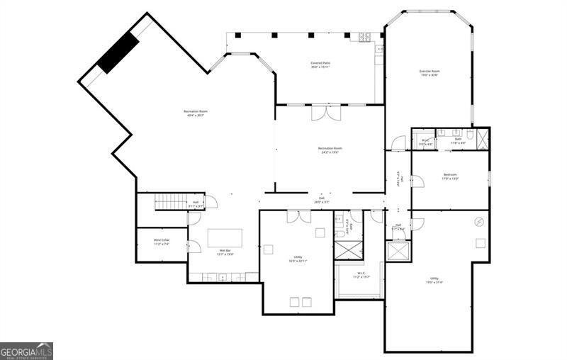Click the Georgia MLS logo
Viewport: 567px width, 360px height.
point(27,351)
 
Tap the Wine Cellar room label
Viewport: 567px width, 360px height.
point(162,242)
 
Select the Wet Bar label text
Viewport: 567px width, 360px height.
point(225,251)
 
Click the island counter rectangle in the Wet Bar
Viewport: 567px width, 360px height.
point(225,237)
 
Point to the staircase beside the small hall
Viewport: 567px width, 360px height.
point(170,202)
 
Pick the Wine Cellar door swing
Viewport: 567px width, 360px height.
point(193,245)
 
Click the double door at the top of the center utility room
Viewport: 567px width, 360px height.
point(298,217)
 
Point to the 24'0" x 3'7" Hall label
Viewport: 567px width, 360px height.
point(322,200)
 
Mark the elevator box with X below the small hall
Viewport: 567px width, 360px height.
point(398,251)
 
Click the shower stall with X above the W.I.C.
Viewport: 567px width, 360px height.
point(349,250)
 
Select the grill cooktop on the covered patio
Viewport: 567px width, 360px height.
point(365,37)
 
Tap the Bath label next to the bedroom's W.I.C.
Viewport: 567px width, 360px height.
point(459,139)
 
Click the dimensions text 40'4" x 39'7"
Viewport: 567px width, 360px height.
point(195,116)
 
